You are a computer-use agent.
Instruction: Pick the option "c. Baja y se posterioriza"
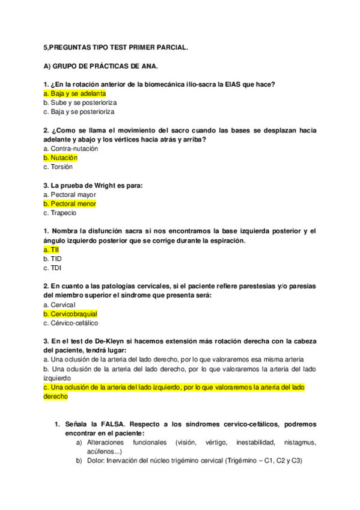(79, 111)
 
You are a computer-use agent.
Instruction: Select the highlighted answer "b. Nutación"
(61, 158)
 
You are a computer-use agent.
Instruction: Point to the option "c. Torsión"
(58, 167)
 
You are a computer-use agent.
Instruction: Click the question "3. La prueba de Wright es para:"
(93, 186)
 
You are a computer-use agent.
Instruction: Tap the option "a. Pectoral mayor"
(70, 195)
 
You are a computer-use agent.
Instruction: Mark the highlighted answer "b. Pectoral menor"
(70, 204)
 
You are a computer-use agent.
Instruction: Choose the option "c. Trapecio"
(60, 212)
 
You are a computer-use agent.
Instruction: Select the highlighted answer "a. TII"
(51, 250)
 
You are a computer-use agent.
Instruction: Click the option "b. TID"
(52, 259)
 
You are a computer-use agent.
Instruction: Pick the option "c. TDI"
(52, 268)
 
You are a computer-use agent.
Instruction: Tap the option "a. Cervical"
(59, 305)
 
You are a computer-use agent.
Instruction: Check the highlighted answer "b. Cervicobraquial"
(70, 314)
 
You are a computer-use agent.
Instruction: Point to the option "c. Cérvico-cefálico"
(71, 323)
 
